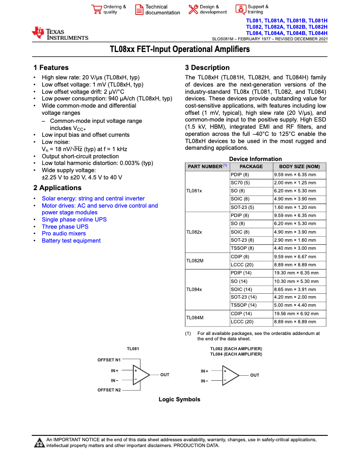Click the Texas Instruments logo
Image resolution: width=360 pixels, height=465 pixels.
coord(59,33)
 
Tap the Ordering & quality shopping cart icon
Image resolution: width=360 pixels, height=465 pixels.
coord(96,9)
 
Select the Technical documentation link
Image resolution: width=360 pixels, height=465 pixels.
coord(162,10)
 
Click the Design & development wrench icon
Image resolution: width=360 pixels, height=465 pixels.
coord(193,9)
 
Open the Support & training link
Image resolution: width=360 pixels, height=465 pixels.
coord(258,9)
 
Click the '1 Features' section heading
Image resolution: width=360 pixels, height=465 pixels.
coord(51,68)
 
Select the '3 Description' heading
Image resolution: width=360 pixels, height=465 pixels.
coord(207,68)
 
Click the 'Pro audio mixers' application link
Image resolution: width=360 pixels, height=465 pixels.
coord(63,234)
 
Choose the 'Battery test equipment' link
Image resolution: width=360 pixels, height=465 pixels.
coord(71,241)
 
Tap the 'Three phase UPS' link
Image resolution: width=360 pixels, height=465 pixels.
coord(65,226)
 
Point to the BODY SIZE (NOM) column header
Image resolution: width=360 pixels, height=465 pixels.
coord(299,166)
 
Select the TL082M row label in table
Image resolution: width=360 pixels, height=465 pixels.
coord(195,261)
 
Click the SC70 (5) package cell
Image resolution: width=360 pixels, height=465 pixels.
coord(240,183)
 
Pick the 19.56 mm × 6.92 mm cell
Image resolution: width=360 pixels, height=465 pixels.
coord(296,314)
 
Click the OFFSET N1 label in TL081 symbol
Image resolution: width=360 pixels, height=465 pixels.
coord(109,360)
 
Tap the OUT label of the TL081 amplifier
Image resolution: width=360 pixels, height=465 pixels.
coord(165,375)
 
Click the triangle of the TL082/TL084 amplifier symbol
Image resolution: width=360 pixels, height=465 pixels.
coord(230,375)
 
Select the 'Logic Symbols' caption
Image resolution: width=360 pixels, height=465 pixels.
coord(180,400)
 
